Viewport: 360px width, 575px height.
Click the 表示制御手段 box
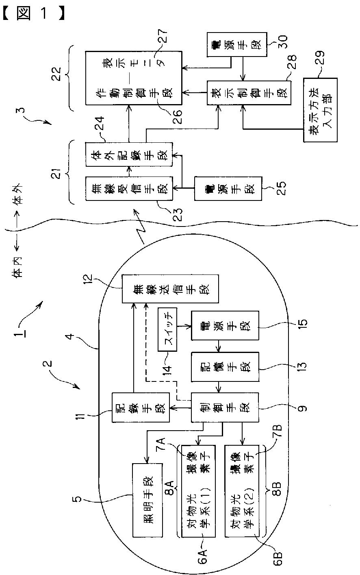point(247,93)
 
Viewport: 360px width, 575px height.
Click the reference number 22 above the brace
point(57,77)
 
